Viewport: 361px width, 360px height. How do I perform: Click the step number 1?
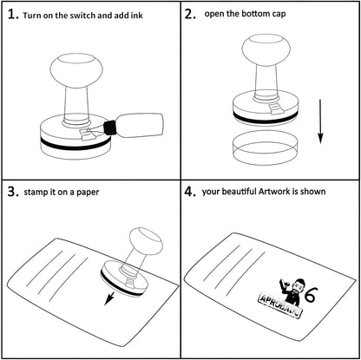pyautogui.click(x=12, y=15)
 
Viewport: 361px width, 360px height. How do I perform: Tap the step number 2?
pyautogui.click(x=190, y=15)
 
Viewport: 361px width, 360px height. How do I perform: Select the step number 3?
pyautogui.click(x=13, y=192)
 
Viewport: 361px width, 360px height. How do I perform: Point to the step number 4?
pyautogui.click(x=190, y=192)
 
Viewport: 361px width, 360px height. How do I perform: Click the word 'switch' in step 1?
pyautogui.click(x=84, y=16)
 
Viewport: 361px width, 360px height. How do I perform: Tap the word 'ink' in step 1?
pyautogui.click(x=136, y=16)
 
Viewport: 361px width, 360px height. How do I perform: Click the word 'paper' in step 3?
pyautogui.click(x=88, y=193)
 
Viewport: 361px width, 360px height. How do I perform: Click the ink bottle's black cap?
pyautogui.click(x=109, y=128)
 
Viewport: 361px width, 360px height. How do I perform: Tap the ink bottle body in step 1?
pyautogui.click(x=140, y=125)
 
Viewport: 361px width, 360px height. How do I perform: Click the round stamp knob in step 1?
pyautogui.click(x=76, y=70)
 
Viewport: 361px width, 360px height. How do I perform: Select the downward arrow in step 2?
pyautogui.click(x=320, y=121)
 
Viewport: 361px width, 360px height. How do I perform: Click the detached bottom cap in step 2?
pyautogui.click(x=266, y=147)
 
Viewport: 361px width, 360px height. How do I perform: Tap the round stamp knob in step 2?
pyautogui.click(x=266, y=49)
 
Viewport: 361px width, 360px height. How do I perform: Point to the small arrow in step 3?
pyautogui.click(x=109, y=298)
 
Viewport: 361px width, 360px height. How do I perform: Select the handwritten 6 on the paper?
pyautogui.click(x=311, y=295)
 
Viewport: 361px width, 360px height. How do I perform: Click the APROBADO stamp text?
pyautogui.click(x=279, y=305)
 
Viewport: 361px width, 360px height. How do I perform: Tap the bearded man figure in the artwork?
pyautogui.click(x=291, y=291)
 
